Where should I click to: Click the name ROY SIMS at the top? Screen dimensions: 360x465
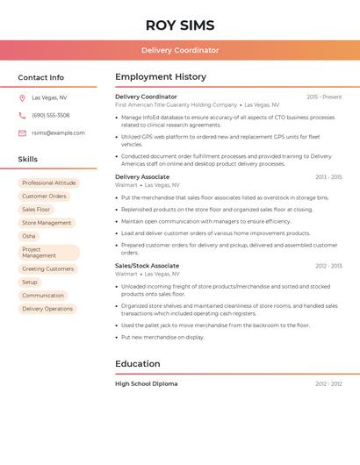pos(180,25)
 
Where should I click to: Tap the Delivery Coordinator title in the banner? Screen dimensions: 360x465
pos(180,50)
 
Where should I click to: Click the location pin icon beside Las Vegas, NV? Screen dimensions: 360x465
pos(22,97)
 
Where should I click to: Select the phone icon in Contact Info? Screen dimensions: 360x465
pos(22,115)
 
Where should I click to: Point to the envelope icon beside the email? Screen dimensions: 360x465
pos(22,133)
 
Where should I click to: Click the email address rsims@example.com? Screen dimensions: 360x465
pos(58,133)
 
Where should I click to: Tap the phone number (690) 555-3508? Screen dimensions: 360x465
pos(50,115)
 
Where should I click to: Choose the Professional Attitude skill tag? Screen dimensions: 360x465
pos(49,182)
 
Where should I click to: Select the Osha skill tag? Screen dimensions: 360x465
pos(29,236)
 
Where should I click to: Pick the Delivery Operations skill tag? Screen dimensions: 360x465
pos(47,309)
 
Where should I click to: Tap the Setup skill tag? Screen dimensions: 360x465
pos(30,283)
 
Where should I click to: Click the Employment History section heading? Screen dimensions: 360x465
pos(161,77)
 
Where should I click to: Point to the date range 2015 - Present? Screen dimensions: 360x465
pos(324,97)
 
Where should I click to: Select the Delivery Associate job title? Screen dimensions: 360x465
pos(142,177)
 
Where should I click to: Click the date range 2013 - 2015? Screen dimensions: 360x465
pos(328,177)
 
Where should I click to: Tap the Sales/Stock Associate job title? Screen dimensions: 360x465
pos(147,266)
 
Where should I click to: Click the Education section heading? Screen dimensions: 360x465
pos(138,364)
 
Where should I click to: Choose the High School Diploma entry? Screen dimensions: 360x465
pos(146,383)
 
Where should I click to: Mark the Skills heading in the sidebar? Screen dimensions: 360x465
pos(28,160)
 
